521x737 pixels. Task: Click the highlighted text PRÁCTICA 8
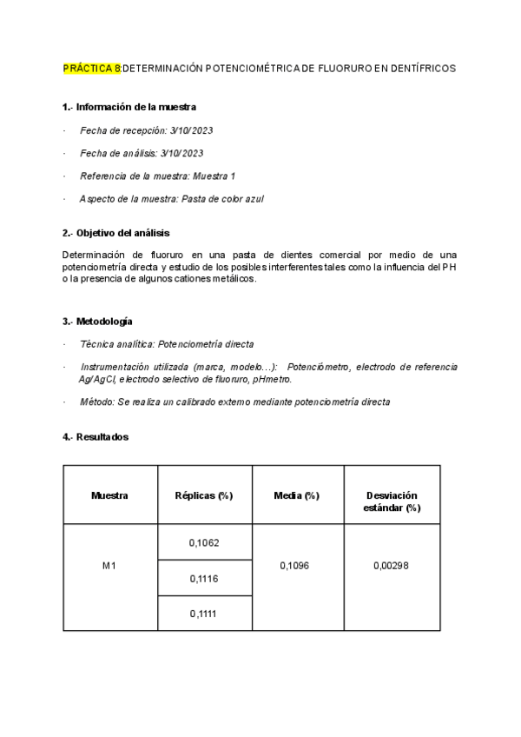[92, 67]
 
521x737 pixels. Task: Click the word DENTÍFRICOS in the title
[421, 67]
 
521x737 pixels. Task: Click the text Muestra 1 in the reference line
[214, 176]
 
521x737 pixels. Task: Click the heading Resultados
[101, 436]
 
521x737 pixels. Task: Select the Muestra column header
[109, 495]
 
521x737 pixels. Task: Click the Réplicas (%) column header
[204, 495]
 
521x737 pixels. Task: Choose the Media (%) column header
[297, 495]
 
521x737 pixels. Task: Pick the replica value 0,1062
[204, 543]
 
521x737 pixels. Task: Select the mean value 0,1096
[297, 566]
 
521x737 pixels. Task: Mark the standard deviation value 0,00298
[391, 566]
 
